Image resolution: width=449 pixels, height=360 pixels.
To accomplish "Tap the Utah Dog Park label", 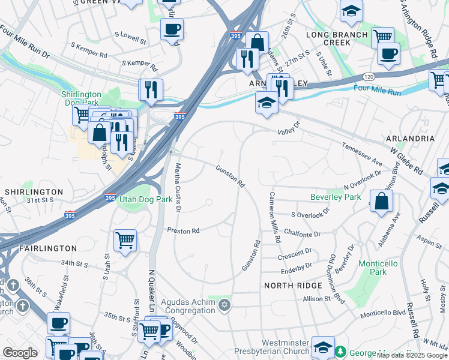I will coord(142,199).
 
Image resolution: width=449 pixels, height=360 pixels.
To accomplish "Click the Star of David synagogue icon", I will coord(224,306).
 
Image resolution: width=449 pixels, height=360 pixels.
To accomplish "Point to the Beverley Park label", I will coord(336,197).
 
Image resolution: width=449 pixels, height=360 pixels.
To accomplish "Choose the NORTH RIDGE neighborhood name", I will coord(294,286).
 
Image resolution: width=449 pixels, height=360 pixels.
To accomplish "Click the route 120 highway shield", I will coord(368,77).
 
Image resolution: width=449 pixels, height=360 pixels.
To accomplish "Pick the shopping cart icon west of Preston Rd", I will coord(125,240).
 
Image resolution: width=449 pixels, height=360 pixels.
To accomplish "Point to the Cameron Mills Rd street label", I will coord(274,217).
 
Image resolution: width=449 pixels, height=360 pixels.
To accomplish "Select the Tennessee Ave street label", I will coord(362,154).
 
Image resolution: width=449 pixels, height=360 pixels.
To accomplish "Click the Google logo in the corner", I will coord(20,353).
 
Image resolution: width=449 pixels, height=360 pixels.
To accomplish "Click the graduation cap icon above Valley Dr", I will coord(267,103).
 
